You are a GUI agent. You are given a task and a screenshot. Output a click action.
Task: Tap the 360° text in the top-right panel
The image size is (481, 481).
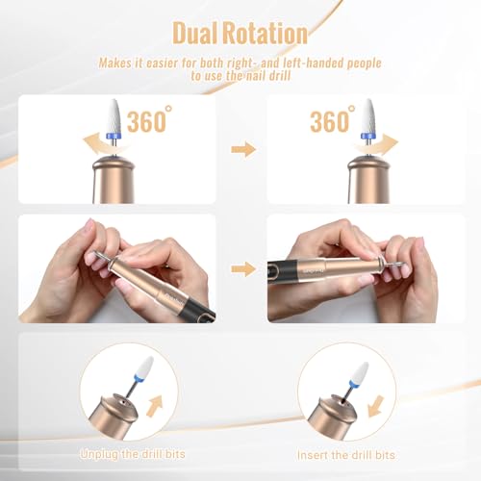330,122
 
